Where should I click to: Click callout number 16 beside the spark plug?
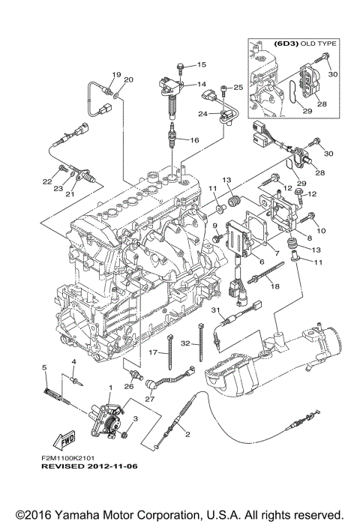point(194,140)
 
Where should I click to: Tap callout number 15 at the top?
point(202,64)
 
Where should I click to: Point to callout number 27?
point(150,399)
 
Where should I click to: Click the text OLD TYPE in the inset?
point(319,43)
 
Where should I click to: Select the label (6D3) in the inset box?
point(286,43)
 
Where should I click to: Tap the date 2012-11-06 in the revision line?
point(112,466)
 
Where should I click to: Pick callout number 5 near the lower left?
point(44,367)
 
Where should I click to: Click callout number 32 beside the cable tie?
point(185,343)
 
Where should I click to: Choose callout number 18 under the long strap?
point(275,286)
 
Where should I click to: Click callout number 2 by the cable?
point(187,434)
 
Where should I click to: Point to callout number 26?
point(129,386)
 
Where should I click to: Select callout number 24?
point(203,114)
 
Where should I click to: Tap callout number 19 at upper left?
point(116,74)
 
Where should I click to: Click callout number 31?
point(216,310)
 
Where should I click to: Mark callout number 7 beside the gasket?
point(277,253)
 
